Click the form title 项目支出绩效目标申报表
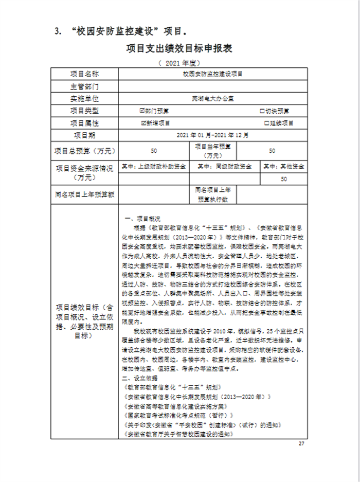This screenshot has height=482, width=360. (179, 49)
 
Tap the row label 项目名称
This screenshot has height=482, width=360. (84, 74)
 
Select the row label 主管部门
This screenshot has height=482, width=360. (84, 86)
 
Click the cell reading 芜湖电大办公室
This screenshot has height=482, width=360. (212, 98)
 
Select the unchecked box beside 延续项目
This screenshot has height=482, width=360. (266, 123)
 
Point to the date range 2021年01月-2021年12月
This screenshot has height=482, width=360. (212, 136)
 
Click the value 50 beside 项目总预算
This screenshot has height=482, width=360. (154, 151)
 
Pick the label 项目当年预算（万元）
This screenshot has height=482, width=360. (212, 151)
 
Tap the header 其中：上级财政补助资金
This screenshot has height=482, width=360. (154, 167)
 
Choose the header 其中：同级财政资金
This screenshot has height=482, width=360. (225, 167)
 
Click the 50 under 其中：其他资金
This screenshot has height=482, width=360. (284, 180)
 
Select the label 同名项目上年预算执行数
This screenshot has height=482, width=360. (212, 194)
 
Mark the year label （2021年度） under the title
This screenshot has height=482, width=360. (179, 63)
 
